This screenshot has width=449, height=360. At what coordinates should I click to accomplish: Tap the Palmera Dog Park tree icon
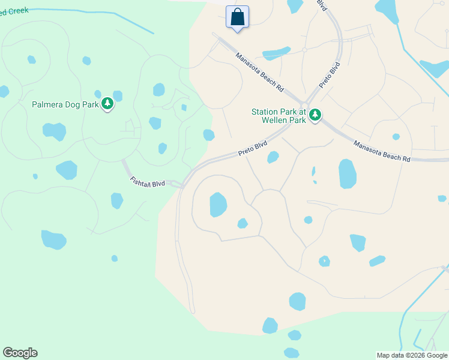[x=107, y=104]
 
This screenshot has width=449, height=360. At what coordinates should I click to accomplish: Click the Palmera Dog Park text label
[x=65, y=104]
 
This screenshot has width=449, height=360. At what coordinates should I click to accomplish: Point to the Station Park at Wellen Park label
[x=279, y=116]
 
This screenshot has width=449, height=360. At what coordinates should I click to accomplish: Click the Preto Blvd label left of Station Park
[x=252, y=149]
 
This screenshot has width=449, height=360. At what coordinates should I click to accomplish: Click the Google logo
[x=20, y=353]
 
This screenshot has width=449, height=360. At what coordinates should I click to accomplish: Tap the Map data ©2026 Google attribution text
[x=412, y=355]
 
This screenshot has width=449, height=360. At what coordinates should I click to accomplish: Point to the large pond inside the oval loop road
[x=218, y=204]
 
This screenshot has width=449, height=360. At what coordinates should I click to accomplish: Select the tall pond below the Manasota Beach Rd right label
[x=347, y=174]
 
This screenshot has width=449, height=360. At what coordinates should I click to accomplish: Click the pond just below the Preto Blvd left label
[x=273, y=157]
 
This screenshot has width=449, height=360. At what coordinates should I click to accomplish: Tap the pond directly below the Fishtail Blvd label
[x=117, y=200]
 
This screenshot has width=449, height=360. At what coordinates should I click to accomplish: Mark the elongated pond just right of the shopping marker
[x=276, y=53]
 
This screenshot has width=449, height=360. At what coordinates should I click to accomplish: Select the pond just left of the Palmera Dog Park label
[x=4, y=91]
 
